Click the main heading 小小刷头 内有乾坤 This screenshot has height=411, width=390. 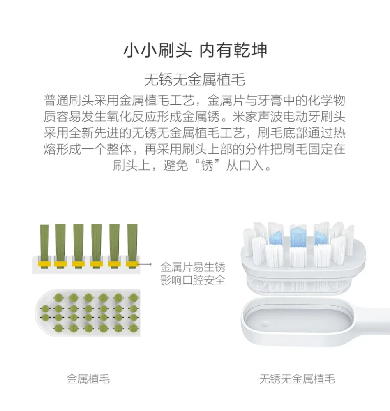[195, 50]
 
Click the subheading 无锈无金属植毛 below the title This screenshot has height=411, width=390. [195, 80]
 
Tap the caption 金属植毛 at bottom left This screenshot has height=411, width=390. [88, 379]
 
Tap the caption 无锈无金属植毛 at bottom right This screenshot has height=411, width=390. [297, 379]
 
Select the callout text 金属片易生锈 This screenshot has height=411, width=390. [193, 267]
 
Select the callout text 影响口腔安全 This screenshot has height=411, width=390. [193, 280]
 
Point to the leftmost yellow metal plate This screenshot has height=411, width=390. [44, 264]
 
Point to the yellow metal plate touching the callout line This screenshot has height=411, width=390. [132, 264]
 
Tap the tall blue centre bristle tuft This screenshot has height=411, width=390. [298, 237]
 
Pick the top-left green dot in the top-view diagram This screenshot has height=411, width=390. [59, 298]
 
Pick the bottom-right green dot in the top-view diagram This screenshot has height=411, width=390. [134, 328]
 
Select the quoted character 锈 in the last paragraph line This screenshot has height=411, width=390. [207, 165]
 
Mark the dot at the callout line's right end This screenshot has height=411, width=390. [150, 264]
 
